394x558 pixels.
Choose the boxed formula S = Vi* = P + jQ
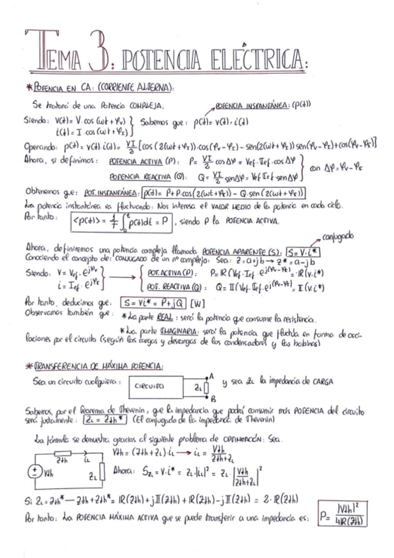153,303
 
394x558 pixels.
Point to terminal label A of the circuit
210,376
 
